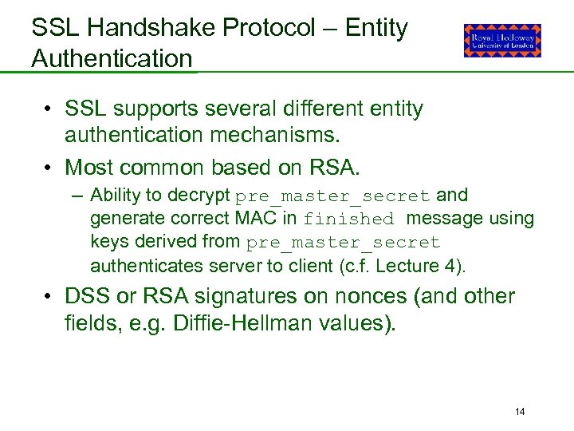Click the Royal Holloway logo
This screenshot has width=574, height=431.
click(x=502, y=40)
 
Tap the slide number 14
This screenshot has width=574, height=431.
click(x=520, y=412)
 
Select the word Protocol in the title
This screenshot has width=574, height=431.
click(x=269, y=29)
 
